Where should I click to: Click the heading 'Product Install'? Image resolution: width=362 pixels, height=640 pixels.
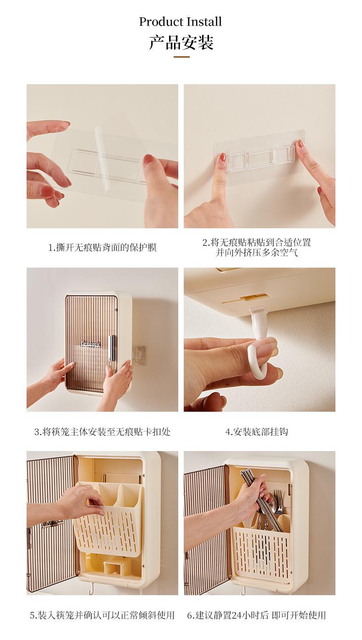[x=180, y=22]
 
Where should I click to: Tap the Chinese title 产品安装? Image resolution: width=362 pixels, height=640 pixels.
[x=181, y=43]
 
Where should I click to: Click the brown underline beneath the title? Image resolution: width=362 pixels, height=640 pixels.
[x=181, y=57]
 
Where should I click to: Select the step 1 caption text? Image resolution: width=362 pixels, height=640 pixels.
[x=103, y=247]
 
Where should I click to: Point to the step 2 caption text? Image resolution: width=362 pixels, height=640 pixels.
[x=257, y=247]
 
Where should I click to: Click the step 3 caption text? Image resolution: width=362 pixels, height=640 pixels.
[x=103, y=431]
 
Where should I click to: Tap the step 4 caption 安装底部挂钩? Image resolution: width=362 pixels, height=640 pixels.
[x=257, y=431]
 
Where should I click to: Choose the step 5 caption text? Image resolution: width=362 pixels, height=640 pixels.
[x=103, y=615]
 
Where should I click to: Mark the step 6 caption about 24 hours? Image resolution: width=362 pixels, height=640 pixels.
[x=257, y=615]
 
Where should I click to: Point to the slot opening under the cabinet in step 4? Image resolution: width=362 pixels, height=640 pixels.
[x=246, y=299]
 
